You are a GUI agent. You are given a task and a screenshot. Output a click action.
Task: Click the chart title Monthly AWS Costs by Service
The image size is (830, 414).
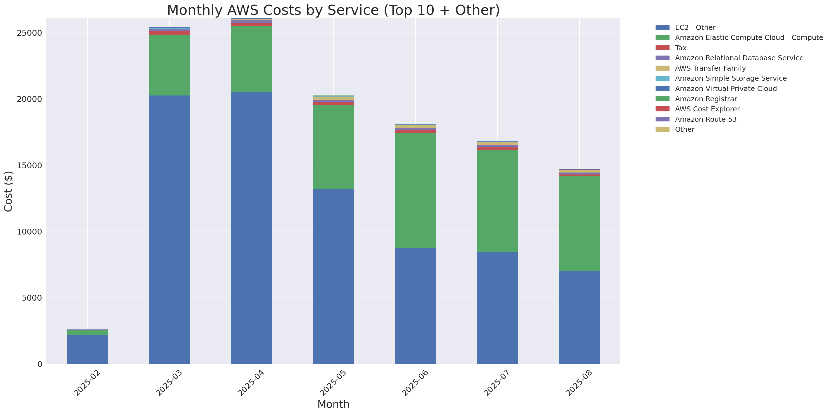333,10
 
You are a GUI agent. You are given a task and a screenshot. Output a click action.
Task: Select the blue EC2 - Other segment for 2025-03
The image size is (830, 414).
169,229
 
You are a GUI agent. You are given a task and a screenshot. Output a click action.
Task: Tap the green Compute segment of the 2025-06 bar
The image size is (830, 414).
415,190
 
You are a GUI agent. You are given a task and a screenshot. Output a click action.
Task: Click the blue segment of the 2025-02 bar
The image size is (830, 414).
87,349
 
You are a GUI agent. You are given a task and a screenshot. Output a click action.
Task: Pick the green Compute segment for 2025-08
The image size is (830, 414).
579,224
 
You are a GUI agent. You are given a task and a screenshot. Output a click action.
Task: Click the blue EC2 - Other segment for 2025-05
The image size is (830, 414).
333,276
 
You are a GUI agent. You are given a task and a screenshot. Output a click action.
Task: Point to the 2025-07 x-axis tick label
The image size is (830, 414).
497,383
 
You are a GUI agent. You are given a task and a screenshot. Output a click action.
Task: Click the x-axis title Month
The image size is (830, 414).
333,404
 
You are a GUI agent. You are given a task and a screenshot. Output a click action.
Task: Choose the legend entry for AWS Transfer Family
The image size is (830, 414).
710,68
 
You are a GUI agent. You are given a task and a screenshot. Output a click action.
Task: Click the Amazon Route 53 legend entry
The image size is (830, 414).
706,119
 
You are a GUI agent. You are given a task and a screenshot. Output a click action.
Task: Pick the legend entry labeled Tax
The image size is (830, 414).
680,48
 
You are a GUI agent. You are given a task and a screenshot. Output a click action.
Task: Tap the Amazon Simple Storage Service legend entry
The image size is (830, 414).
730,78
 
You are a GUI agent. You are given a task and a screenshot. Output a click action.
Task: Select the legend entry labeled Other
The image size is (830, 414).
684,130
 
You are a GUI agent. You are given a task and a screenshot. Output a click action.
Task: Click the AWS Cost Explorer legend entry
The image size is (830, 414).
707,109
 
